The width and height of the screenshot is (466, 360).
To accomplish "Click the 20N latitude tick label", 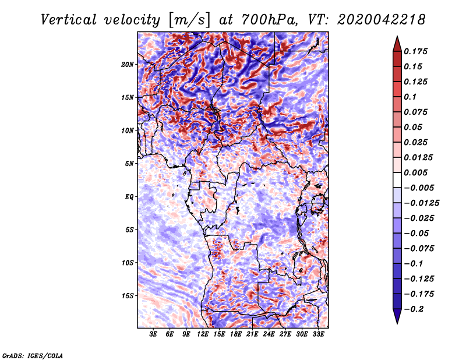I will click(128, 64).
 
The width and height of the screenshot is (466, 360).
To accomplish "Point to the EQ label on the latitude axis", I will click(129, 197).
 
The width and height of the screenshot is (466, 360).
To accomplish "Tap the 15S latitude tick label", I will click(128, 296).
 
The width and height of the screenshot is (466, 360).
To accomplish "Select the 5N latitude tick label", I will click(129, 164).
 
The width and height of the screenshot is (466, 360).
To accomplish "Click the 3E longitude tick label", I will click(154, 335).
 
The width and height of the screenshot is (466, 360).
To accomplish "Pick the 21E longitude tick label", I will click(252, 335).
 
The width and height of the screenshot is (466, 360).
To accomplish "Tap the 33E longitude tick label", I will click(318, 335).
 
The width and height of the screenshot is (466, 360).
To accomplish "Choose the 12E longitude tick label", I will click(203, 335).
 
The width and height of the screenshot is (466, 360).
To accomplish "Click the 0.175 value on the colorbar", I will click(416, 51).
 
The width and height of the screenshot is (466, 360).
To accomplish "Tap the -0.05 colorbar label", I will click(417, 233).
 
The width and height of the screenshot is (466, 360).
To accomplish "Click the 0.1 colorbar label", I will click(411, 97).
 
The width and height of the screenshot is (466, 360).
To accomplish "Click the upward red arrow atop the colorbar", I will click(397, 43).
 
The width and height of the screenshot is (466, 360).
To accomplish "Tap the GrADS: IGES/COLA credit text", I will click(33, 355).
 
